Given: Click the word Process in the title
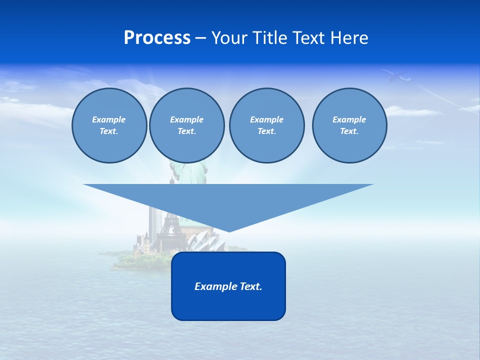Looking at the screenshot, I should point(157,38).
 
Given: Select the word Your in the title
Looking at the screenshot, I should point(230,38).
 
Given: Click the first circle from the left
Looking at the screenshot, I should point(109,125).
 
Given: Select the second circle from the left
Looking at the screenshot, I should point(186,125).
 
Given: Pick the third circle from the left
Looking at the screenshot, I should point(266,125).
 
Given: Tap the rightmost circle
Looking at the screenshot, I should point(349,125).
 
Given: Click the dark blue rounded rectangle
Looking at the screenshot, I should point(228,305).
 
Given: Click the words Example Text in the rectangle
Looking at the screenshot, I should point(228,286).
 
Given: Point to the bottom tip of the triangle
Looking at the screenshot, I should point(228,231).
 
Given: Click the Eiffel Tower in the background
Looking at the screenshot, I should point(170,235).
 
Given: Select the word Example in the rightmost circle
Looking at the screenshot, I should point(349,119).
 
